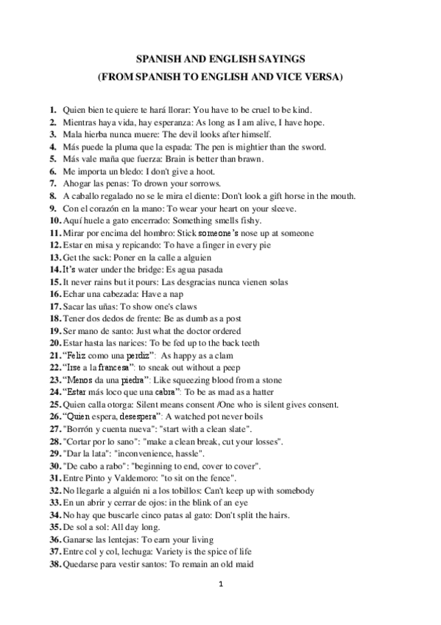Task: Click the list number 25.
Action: click(54, 405)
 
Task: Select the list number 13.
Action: click(54, 257)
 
